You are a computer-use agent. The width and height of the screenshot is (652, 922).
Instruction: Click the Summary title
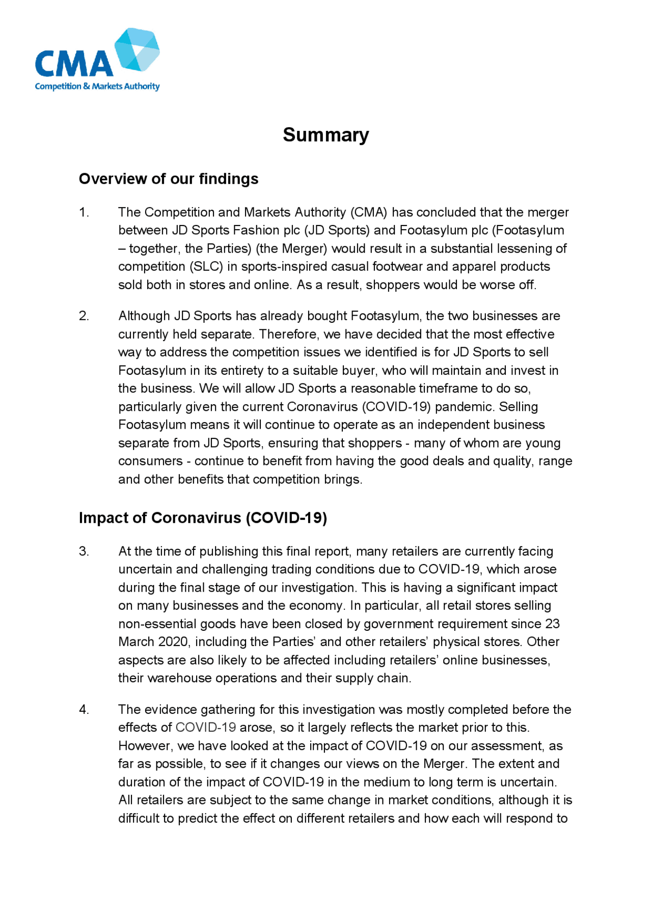[325, 135]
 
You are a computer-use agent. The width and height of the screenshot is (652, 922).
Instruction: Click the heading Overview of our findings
[168, 179]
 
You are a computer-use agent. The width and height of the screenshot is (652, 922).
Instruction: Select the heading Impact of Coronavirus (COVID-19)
[203, 518]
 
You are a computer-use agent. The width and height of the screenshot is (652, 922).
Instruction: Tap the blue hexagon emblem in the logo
[137, 49]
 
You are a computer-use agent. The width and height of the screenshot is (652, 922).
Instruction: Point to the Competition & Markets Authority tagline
[97, 87]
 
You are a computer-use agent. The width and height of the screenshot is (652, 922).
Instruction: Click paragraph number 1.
[84, 212]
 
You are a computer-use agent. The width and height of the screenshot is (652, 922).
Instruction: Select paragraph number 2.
[84, 316]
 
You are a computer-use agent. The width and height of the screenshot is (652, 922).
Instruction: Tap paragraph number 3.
[84, 551]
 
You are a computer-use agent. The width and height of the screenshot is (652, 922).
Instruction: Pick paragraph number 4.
[84, 709]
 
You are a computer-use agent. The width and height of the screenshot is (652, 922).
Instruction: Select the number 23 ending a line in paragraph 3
[552, 624]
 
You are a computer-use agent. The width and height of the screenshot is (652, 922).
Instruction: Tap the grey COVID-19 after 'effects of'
[205, 728]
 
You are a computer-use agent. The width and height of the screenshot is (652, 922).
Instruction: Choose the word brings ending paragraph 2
[343, 480]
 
